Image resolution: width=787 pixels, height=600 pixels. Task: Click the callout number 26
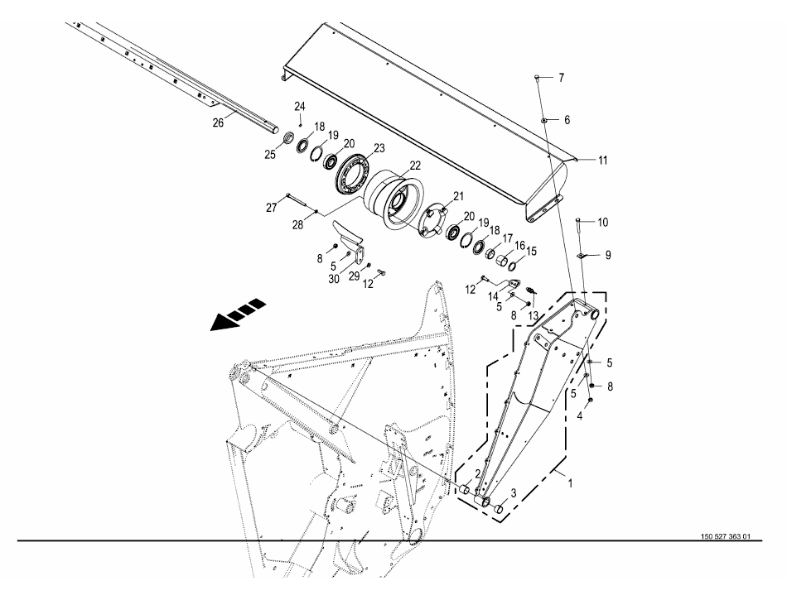tap(218, 122)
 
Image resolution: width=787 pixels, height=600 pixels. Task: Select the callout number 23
tap(379, 148)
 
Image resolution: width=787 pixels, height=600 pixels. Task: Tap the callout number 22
tap(416, 166)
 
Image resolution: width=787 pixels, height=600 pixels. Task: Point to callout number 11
tap(602, 161)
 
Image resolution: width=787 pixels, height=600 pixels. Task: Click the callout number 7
tap(561, 78)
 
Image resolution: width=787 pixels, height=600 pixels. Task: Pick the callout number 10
tap(603, 222)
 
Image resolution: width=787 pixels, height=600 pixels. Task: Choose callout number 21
tap(459, 196)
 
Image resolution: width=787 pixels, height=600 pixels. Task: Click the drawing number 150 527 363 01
tap(725, 536)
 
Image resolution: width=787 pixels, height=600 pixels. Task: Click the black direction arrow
tap(238, 314)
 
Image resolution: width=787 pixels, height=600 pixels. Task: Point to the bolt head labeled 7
tap(537, 77)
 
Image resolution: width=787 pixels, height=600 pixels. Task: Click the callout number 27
tap(272, 208)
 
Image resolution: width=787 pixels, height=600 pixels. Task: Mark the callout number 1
tap(570, 483)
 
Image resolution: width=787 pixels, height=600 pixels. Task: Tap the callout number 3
tap(514, 493)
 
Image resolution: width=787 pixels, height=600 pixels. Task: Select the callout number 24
tap(300, 106)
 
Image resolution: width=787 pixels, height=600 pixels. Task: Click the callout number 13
tap(533, 315)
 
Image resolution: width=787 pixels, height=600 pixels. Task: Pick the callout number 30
tap(334, 279)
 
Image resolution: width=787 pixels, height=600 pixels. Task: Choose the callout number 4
tap(580, 416)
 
